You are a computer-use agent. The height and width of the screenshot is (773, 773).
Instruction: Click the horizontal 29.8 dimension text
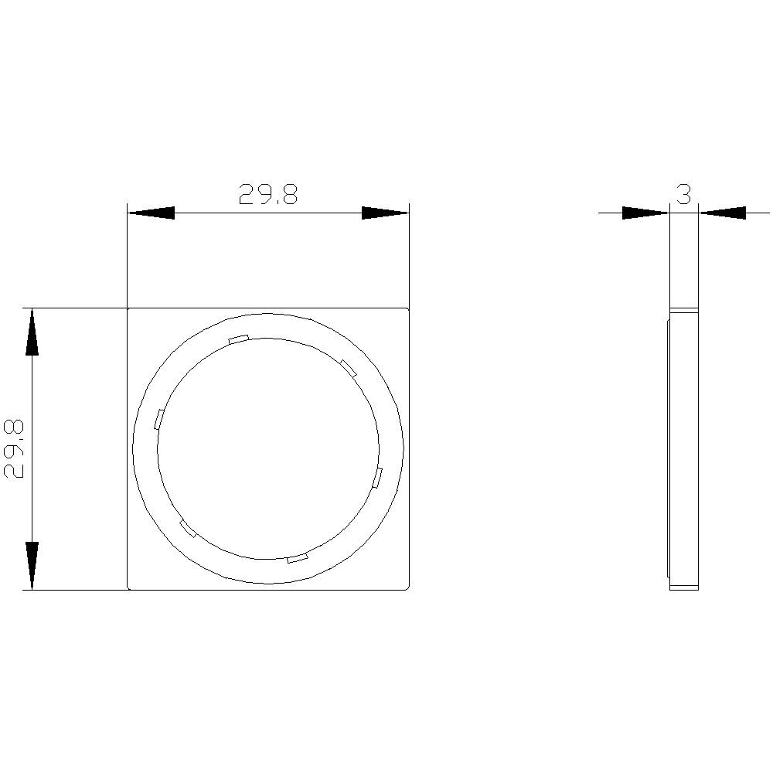[267, 195]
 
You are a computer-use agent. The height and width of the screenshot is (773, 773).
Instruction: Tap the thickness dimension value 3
[683, 195]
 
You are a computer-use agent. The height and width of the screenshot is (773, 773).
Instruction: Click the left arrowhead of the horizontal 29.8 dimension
[151, 213]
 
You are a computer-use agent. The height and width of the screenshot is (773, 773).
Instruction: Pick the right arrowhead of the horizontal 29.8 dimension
[385, 213]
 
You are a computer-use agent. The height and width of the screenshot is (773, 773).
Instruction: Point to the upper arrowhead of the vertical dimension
[32, 332]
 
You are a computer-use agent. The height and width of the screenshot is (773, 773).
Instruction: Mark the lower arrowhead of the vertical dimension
[32, 566]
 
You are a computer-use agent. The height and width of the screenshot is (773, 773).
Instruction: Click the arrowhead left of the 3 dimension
[645, 213]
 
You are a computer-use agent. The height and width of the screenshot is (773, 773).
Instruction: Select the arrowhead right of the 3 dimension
[723, 213]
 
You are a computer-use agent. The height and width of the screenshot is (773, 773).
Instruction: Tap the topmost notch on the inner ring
[238, 339]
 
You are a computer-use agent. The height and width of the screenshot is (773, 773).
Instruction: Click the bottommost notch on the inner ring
[297, 557]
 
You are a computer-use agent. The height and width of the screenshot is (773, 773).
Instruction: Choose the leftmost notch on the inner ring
[159, 418]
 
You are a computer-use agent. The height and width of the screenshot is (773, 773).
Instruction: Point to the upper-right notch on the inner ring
[348, 368]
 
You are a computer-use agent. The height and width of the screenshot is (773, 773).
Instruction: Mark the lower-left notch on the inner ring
[187, 529]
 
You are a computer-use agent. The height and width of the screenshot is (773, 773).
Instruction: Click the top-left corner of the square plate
[128, 309]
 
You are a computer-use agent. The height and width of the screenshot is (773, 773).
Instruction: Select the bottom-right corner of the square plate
[407, 589]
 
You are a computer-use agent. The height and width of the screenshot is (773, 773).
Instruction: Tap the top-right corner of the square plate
[407, 309]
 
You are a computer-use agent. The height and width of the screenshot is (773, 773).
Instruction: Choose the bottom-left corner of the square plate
[128, 589]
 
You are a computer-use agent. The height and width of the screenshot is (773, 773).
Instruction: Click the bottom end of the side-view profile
[684, 588]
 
